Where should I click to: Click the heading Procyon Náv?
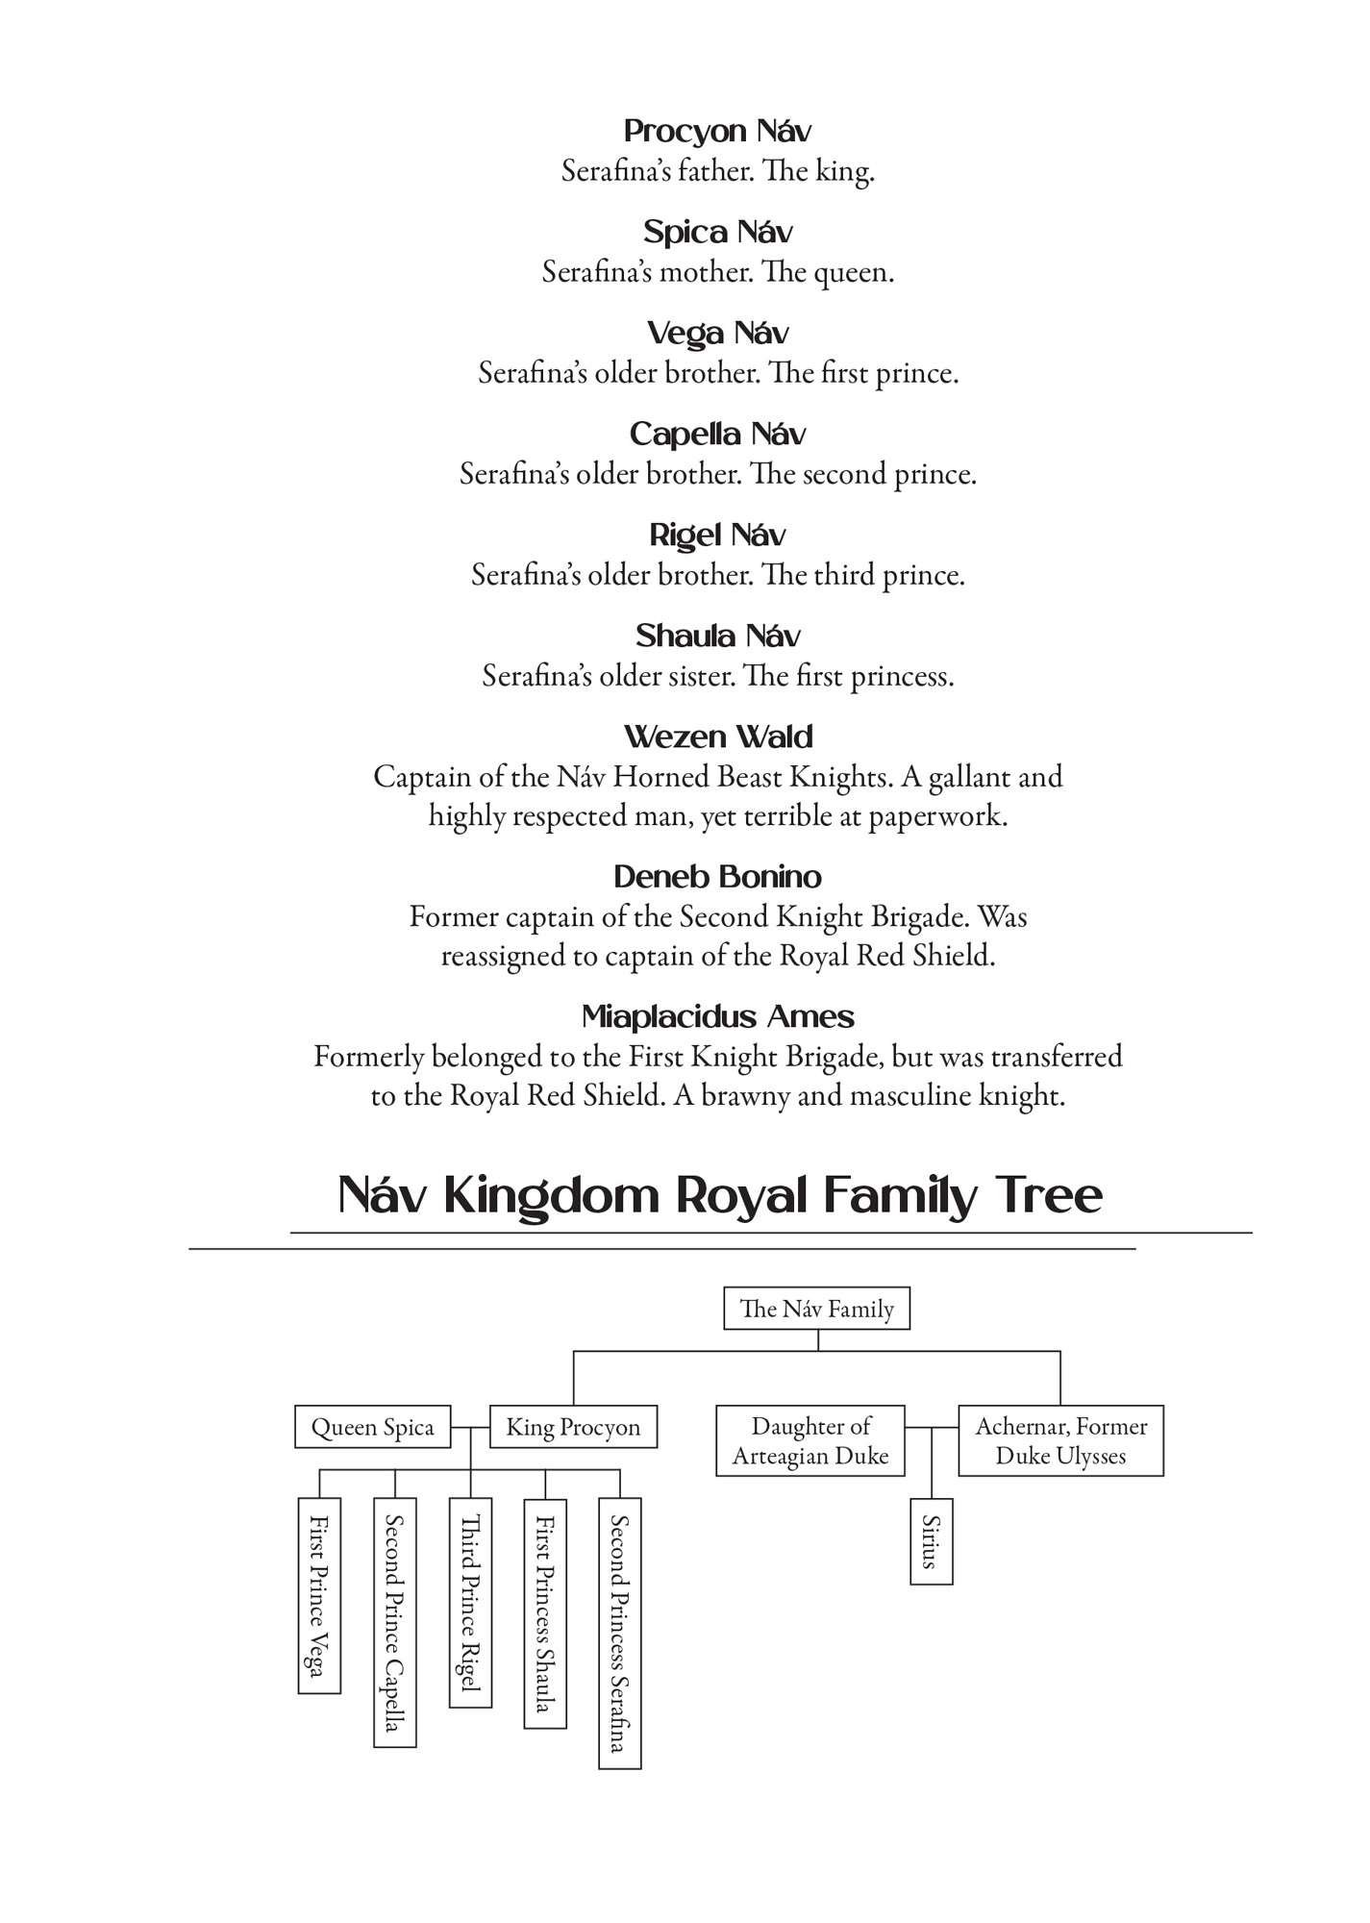(717, 131)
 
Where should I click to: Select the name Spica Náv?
(717, 232)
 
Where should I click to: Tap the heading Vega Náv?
(717, 333)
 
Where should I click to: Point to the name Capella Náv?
(717, 434)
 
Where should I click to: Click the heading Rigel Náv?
(717, 535)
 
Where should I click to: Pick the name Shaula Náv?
(717, 636)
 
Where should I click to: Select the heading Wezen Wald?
(717, 737)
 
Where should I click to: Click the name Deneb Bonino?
(717, 877)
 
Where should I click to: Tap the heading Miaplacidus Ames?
(717, 1016)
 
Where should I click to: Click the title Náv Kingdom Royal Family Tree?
(719, 1195)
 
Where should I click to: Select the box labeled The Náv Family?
(816, 1309)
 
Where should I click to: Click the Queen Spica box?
(372, 1427)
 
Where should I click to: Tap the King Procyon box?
(573, 1427)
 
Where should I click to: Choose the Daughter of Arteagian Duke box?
(810, 1440)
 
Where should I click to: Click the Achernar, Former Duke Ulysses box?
(1060, 1440)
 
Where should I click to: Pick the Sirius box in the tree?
(931, 1540)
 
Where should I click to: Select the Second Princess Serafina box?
(619, 1633)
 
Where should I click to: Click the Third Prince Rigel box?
(470, 1602)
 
